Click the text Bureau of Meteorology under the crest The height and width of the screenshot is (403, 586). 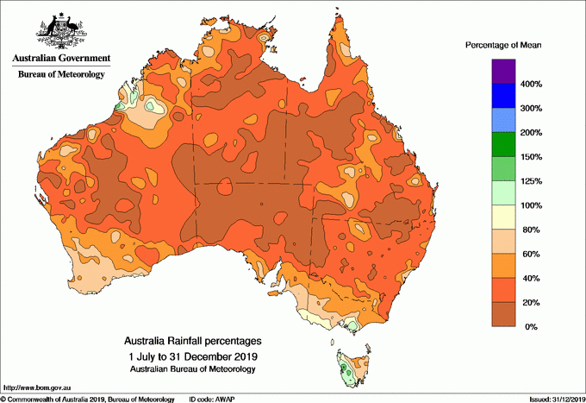(x=61, y=75)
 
